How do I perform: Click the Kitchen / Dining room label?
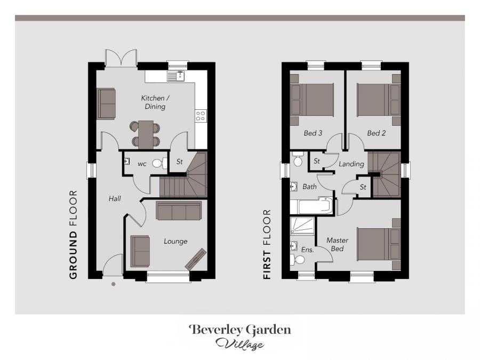(x=155, y=102)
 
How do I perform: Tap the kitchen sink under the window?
(x=175, y=76)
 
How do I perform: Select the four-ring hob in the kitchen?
(x=201, y=116)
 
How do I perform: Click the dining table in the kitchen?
(x=146, y=135)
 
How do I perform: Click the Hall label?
(x=115, y=199)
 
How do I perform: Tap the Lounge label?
(x=175, y=241)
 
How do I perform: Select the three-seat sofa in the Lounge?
(x=179, y=211)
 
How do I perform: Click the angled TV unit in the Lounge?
(x=195, y=259)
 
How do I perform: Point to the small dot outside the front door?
(x=114, y=284)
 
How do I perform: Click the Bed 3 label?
(x=313, y=133)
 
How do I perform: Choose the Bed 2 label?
(x=376, y=133)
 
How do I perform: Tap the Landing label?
(x=351, y=164)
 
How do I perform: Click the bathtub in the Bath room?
(x=311, y=206)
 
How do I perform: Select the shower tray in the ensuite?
(x=302, y=226)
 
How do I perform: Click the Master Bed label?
(x=338, y=244)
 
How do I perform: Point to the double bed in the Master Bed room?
(x=379, y=244)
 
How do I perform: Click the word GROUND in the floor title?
(x=73, y=255)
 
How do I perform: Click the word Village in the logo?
(x=240, y=344)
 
